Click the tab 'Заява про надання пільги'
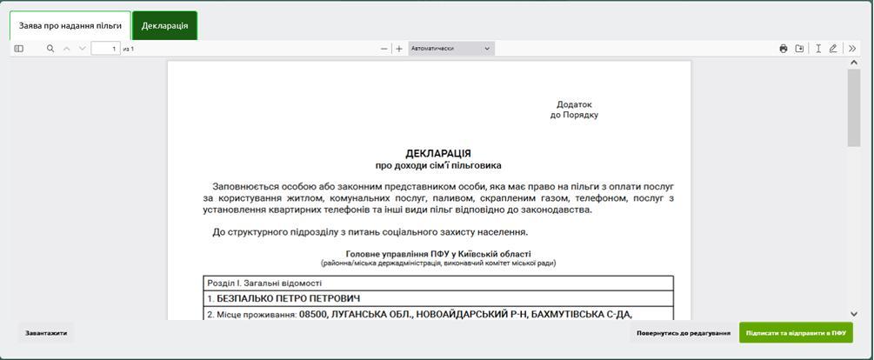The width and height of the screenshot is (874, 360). [x=70, y=26]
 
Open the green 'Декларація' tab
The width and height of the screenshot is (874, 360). [x=164, y=26]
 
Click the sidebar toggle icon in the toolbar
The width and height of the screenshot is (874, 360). [x=19, y=49]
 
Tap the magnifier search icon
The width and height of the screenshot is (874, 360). [x=50, y=49]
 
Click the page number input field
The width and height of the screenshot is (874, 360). [x=105, y=49]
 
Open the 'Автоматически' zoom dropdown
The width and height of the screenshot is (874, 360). [x=450, y=49]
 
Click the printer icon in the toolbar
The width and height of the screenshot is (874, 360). [x=784, y=49]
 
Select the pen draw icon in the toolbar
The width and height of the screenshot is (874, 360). [x=833, y=49]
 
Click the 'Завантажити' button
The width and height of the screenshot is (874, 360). [x=46, y=333]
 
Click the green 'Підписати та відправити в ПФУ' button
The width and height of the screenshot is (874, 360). [x=796, y=333]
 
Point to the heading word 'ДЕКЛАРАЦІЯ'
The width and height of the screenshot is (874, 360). [x=438, y=153]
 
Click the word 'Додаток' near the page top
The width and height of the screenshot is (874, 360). [x=574, y=104]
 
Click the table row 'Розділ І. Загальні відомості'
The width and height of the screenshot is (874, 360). [x=264, y=283]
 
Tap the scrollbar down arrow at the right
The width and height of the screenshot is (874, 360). [x=853, y=313]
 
